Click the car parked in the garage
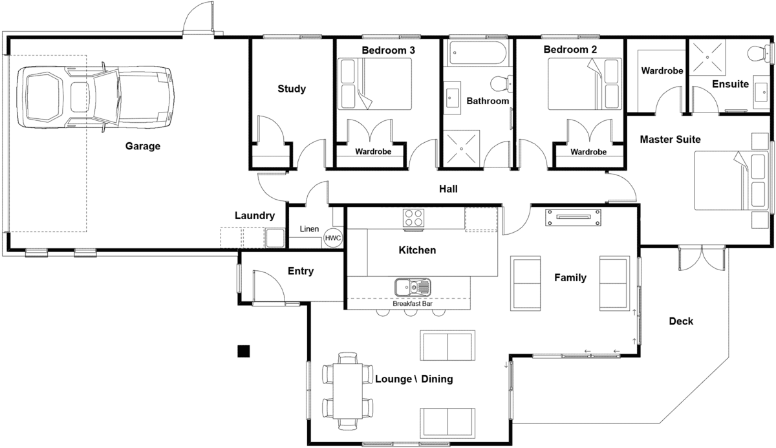[95, 97]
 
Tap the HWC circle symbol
[333, 238]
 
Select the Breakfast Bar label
[413, 304]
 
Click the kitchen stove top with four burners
[414, 218]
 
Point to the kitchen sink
[413, 288]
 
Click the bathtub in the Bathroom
[478, 53]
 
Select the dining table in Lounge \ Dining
[348, 391]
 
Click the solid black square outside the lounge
[244, 351]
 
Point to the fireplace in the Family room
[573, 217]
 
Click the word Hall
[448, 189]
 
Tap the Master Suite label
[670, 140]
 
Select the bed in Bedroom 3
[374, 84]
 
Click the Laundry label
[255, 216]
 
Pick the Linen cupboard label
[309, 229]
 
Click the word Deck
[681, 321]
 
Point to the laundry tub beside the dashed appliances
[275, 238]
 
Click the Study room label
[292, 89]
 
